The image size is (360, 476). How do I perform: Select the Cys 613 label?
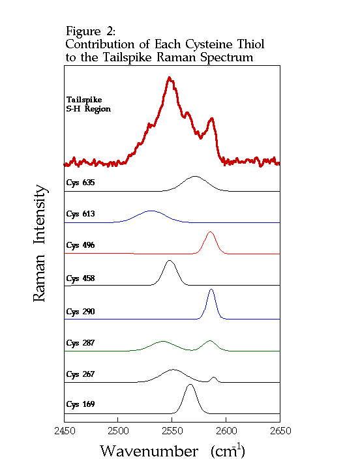pos(80,214)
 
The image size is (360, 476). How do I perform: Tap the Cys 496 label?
pos(80,245)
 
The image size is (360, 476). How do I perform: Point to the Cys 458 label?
pos(80,278)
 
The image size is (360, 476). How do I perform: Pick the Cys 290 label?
pos(80,312)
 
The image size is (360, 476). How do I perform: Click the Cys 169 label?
pos(80,405)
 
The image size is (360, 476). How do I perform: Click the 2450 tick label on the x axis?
pos(64,431)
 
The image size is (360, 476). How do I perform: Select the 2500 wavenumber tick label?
pos(118,431)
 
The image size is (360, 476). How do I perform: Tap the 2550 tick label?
pos(172,431)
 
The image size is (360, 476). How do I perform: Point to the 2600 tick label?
pos(226,431)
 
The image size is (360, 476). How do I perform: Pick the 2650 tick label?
pos(280,431)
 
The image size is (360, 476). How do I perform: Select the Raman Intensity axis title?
pos(40,243)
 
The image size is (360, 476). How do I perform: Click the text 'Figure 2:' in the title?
pos(91,31)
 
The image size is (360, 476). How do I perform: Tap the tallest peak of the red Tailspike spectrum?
pos(170,78)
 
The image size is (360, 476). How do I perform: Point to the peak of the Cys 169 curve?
pos(189,385)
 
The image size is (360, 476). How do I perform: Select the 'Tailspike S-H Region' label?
pos(89,104)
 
